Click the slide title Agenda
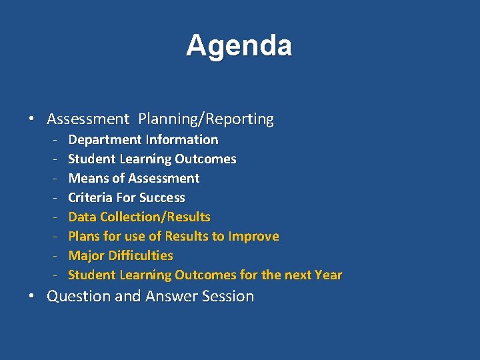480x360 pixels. pos(239,46)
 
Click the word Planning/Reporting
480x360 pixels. pos(206,119)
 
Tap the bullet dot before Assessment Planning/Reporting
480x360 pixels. pos(32,120)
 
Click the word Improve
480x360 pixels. pos(253,237)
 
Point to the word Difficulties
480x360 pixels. pos(141,256)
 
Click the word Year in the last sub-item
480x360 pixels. pos(328,275)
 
